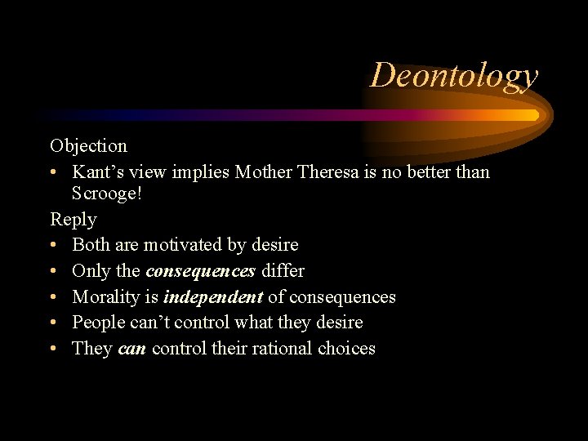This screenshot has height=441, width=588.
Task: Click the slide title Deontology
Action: tap(454, 76)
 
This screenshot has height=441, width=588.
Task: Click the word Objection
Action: tap(88, 146)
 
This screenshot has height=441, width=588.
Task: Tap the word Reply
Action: tap(73, 220)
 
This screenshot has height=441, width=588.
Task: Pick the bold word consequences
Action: tap(200, 271)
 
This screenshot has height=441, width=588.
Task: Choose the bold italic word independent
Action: tap(213, 297)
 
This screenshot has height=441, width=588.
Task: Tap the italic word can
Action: tap(131, 349)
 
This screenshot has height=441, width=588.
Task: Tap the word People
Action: tap(99, 323)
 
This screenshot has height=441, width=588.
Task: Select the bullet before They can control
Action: tap(53, 350)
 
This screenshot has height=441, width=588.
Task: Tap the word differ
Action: tap(283, 271)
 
